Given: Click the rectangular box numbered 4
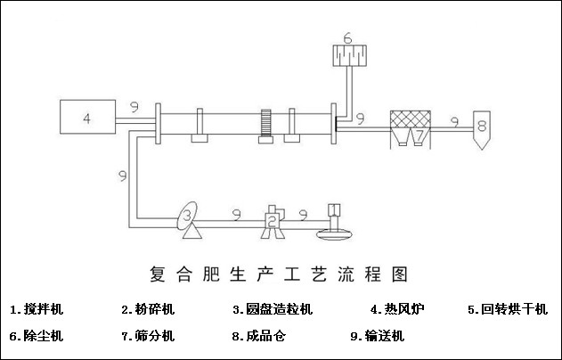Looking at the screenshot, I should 86,117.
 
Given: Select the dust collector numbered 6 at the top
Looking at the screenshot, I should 349,54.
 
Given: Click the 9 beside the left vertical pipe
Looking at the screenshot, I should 120,176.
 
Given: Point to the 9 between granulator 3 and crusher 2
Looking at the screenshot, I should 235,214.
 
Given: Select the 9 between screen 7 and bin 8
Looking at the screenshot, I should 454,119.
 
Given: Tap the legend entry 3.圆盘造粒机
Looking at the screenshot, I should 273,309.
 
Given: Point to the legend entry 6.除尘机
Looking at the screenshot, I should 37,336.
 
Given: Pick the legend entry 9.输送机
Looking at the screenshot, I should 378,336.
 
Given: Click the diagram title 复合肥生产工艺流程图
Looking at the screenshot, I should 279,271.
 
